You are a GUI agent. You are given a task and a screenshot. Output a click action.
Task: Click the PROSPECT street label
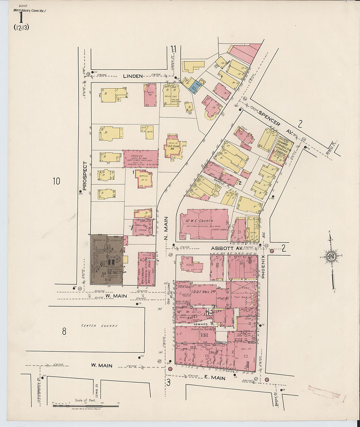pos(84,176)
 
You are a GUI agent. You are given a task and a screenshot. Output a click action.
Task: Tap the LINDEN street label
pos(133,76)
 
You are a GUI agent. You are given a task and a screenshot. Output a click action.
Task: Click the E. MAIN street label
pos(214,378)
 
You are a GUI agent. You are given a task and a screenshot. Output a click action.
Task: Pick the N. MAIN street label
pos(166,228)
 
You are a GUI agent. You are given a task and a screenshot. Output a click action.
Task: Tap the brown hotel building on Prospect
pos(107,259)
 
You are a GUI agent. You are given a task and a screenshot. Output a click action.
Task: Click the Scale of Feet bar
pos(86,406)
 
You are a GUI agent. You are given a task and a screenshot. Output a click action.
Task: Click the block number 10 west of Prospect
pos(57,181)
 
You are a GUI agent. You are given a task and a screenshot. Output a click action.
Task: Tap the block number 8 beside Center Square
pos(64,331)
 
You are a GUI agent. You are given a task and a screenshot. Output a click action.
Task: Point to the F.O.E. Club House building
pos(174,147)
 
